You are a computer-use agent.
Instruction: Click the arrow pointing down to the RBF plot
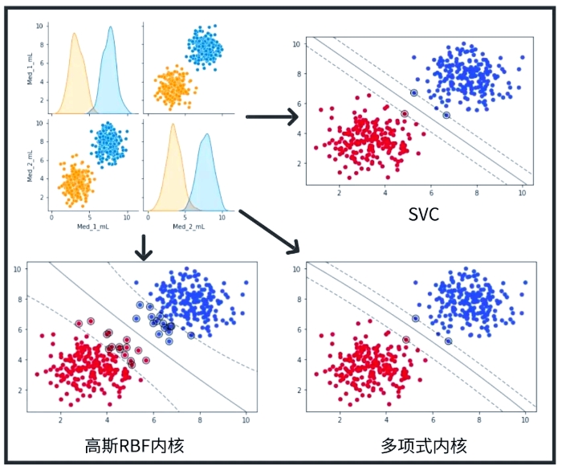(144, 246)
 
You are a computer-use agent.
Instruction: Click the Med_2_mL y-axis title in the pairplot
(31, 165)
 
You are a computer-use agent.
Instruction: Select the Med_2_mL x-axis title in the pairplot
(188, 228)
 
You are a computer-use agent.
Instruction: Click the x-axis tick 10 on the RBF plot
(246, 419)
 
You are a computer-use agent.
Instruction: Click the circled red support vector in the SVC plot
(405, 114)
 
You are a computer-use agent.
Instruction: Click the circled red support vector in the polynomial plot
(405, 340)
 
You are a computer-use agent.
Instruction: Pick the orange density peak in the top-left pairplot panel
(74, 36)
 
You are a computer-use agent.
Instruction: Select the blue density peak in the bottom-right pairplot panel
(207, 138)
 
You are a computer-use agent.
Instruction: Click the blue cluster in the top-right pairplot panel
(206, 47)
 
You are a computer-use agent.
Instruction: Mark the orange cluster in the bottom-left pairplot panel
(76, 182)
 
